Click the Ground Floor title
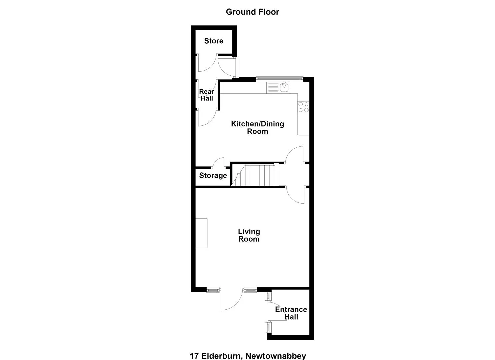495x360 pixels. [x=252, y=12]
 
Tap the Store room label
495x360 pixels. [x=213, y=41]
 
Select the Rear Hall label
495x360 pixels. [x=207, y=95]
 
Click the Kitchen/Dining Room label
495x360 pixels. [x=257, y=128]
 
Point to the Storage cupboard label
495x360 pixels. [x=213, y=175]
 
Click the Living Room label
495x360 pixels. [x=249, y=235]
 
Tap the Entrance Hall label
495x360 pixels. [x=291, y=313]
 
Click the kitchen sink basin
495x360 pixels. [x=284, y=88]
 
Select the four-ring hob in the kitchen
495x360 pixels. [x=303, y=107]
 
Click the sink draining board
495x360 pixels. [x=273, y=88]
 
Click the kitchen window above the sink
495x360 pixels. [x=280, y=78]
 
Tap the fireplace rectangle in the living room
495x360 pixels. [x=201, y=233]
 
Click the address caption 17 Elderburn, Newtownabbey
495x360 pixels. [x=248, y=356]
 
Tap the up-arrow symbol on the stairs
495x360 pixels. [x=238, y=175]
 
